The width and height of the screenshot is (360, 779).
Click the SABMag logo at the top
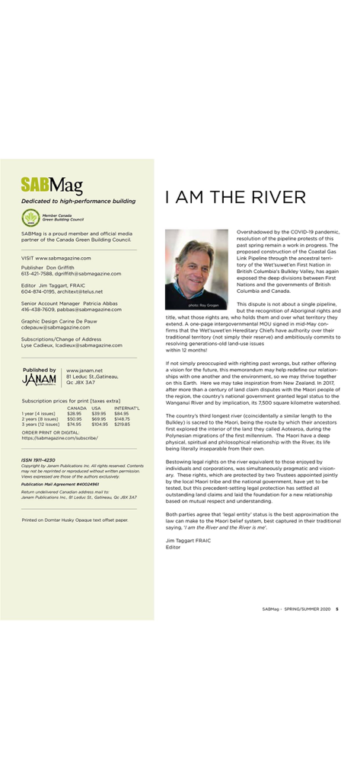pyautogui.click(x=52, y=184)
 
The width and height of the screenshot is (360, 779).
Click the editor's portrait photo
pyautogui.click(x=196, y=268)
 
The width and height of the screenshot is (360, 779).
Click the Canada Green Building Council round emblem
pyautogui.click(x=30, y=217)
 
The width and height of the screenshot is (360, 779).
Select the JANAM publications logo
pyautogui.click(x=40, y=380)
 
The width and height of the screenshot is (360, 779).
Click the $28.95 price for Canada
pyautogui.click(x=74, y=413)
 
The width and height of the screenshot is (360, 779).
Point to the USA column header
pyautogui.click(x=97, y=408)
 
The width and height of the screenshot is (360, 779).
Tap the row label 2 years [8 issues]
pyautogui.click(x=40, y=418)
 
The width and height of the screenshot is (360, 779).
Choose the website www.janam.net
pyautogui.click(x=84, y=370)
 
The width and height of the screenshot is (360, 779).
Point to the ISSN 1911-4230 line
pyautogui.click(x=39, y=460)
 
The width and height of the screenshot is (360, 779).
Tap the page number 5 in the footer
pyautogui.click(x=337, y=609)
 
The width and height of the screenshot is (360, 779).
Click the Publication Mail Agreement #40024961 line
pyautogui.click(x=60, y=484)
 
